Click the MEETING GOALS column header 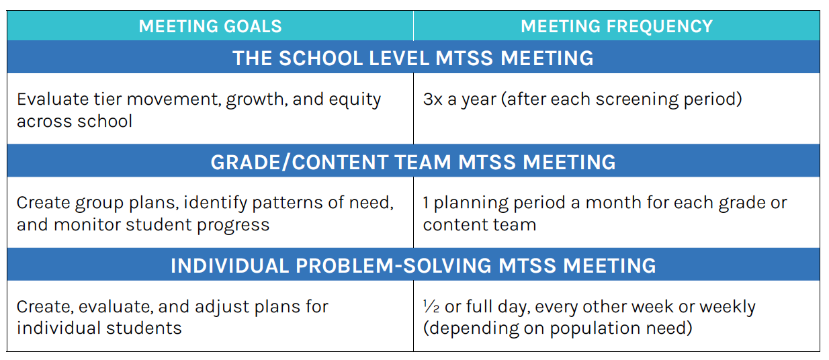pyautogui.click(x=210, y=27)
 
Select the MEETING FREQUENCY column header pyautogui.click(x=616, y=27)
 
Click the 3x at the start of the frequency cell pyautogui.click(x=432, y=100)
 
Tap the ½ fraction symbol pyautogui.click(x=430, y=307)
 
